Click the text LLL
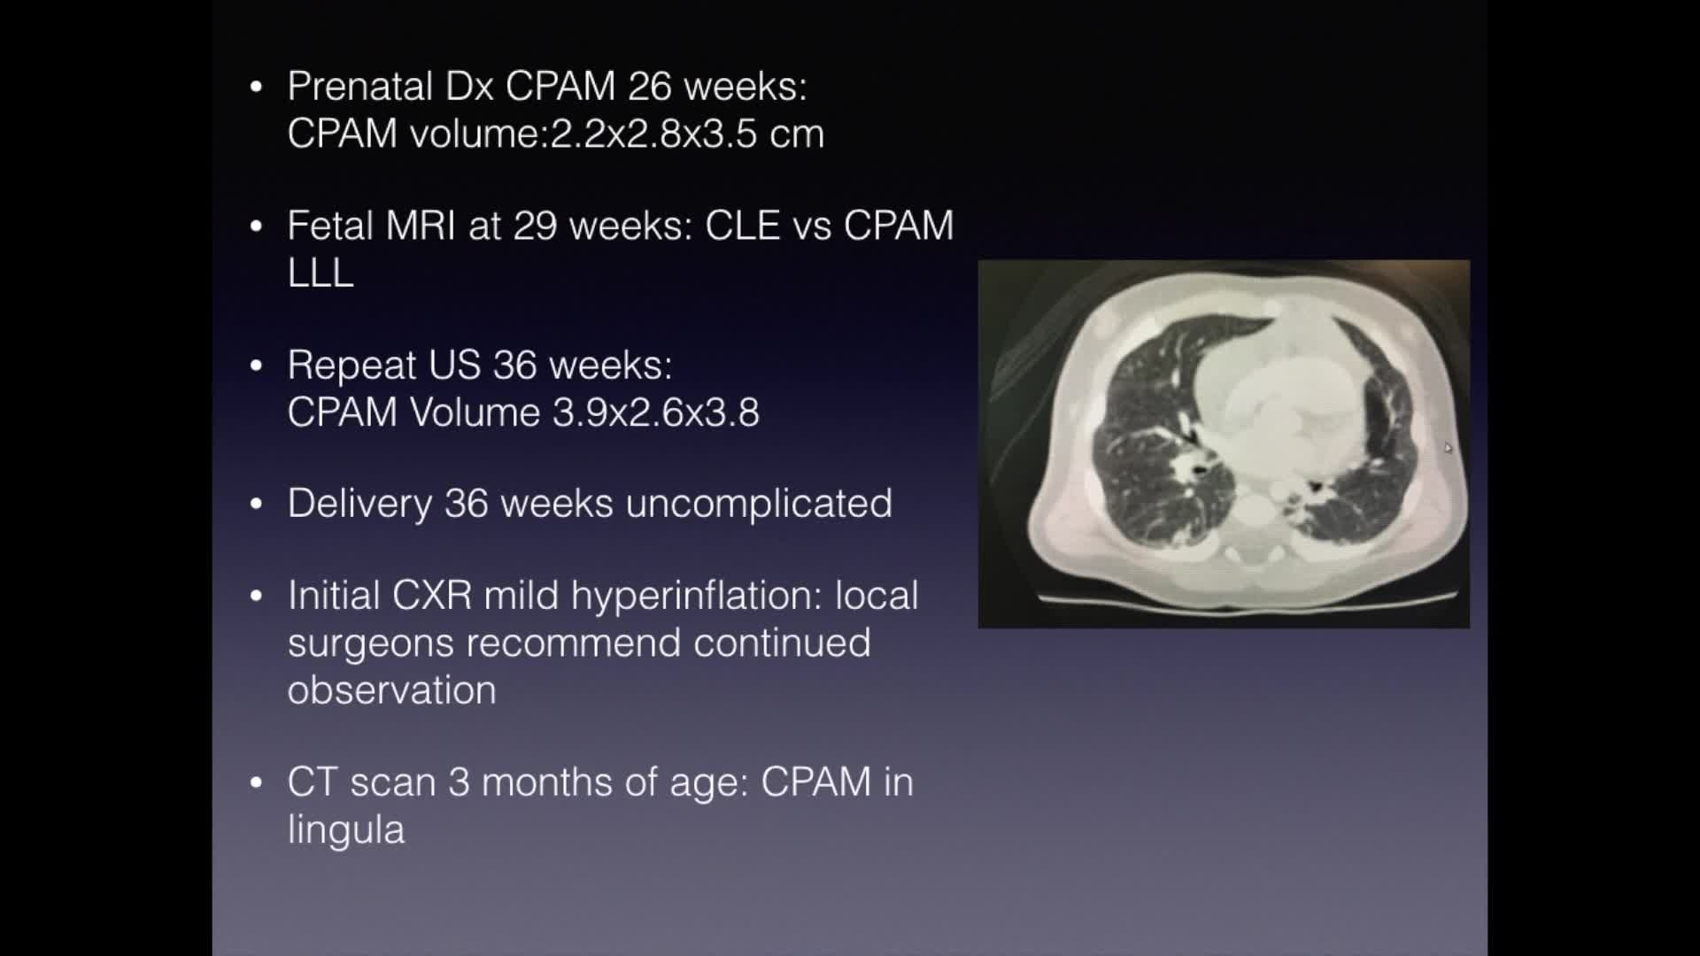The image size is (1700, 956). (x=321, y=273)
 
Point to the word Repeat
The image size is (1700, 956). (x=352, y=366)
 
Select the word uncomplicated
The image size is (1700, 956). (x=758, y=504)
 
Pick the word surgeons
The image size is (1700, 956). (x=370, y=644)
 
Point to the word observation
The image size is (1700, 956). (x=391, y=690)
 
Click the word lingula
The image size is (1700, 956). (x=345, y=830)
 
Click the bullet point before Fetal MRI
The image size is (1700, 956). (x=257, y=226)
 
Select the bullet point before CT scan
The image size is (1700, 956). (x=257, y=783)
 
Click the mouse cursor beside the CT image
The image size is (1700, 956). (x=1448, y=448)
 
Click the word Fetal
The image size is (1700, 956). (x=330, y=226)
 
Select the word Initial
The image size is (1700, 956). (x=333, y=596)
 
